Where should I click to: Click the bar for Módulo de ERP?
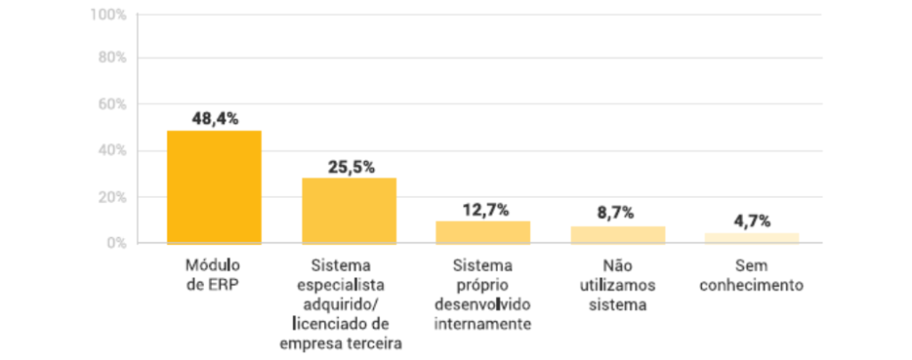pos(214,187)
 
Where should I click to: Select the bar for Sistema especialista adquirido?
pos(349,211)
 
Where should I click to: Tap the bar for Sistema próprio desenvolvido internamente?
pos(483,233)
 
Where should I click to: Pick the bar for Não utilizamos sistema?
pos(618,235)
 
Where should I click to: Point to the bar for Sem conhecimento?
pos(753,238)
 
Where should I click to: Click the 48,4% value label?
pos(215,119)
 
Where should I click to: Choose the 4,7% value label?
pos(752,220)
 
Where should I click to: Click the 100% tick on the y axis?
pos(108,16)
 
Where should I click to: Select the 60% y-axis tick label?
pos(111,104)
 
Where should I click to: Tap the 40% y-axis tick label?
pos(111,151)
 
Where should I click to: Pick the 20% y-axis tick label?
pos(111,196)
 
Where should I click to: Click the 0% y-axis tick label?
pos(115,242)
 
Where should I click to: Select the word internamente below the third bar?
pos(483,324)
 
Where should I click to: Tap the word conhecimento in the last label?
pos(753,286)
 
